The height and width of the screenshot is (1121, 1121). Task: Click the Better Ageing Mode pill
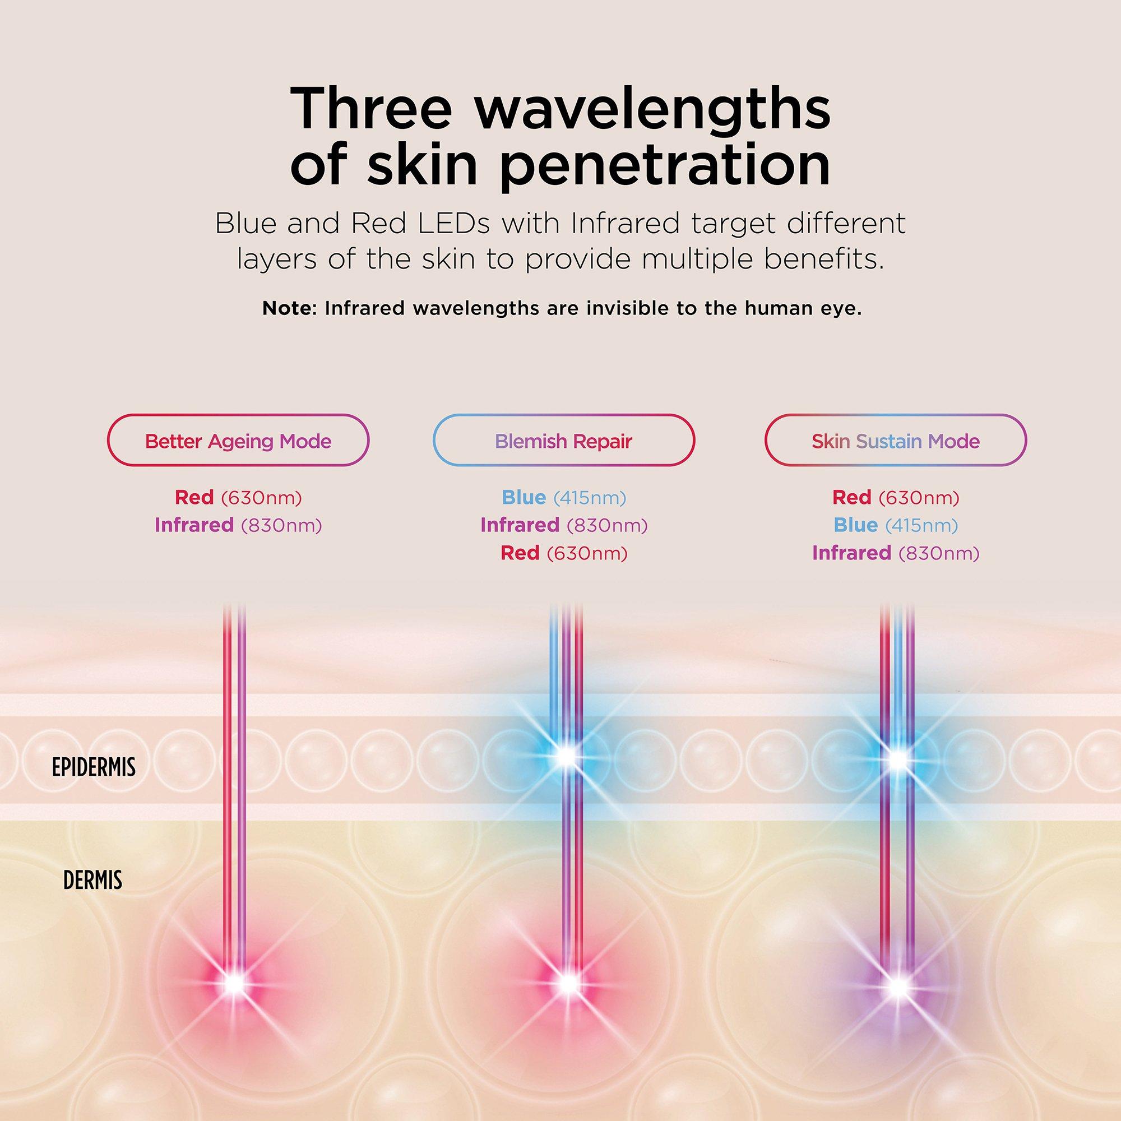[x=238, y=440]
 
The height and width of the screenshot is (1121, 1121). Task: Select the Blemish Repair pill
[x=563, y=440]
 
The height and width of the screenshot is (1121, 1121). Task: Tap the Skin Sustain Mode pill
[x=895, y=440]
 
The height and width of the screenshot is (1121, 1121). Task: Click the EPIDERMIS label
[x=94, y=768]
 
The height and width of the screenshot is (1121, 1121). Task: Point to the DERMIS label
[x=93, y=881]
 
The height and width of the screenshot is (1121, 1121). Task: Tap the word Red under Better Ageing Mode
[x=194, y=497]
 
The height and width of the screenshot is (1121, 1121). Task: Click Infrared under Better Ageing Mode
[x=194, y=525]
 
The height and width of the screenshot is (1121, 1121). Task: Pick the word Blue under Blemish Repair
[x=524, y=497]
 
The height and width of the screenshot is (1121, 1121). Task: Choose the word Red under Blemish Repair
[x=520, y=553]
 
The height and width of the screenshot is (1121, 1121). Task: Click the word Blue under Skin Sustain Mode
[x=856, y=525]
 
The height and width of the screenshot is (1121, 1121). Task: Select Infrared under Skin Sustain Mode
[x=852, y=553]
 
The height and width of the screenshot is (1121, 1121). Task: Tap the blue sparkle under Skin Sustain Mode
[x=897, y=759]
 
